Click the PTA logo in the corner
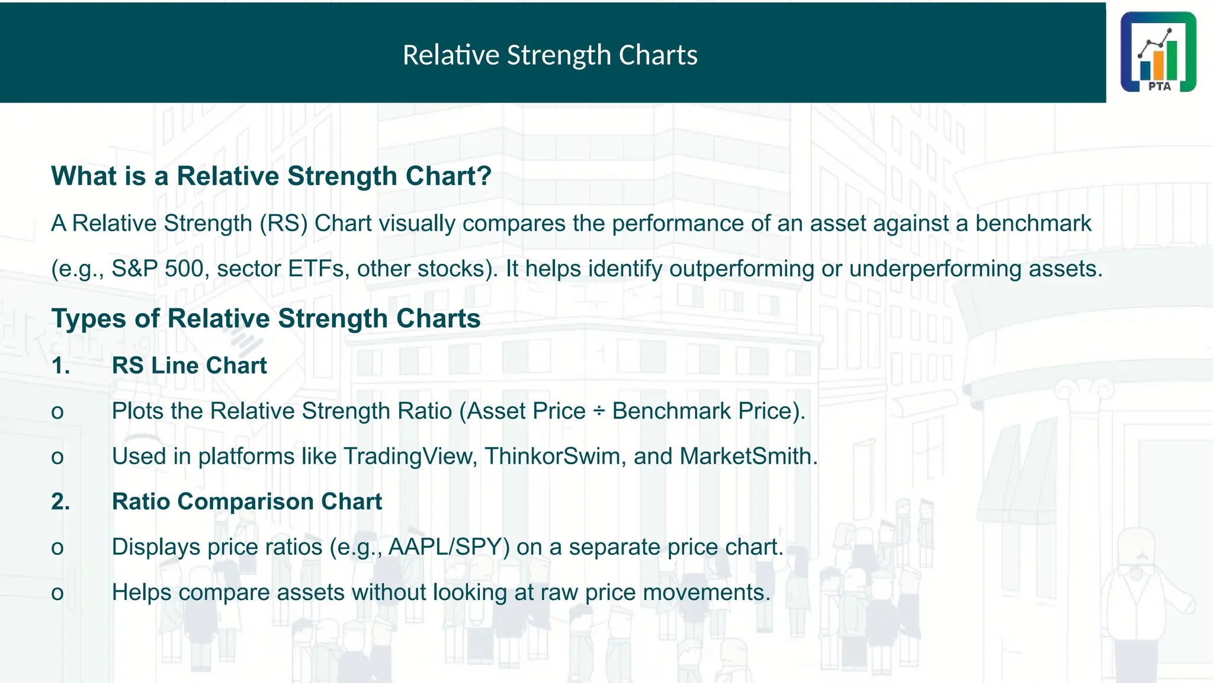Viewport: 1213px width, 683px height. tap(1158, 52)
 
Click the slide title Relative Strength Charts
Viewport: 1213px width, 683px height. tap(550, 55)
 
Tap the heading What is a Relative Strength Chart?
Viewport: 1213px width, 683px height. tap(271, 176)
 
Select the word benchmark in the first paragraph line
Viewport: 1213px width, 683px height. tap(1033, 224)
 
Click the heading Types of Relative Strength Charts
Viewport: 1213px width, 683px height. tap(266, 318)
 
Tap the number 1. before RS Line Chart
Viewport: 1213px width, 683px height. tap(60, 366)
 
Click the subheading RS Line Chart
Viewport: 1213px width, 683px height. tap(190, 366)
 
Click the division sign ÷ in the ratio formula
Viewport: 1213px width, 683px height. tap(599, 411)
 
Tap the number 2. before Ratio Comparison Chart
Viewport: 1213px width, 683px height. tap(60, 502)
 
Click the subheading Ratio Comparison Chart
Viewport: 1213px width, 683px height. tap(247, 502)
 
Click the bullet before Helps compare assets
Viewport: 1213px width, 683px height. tap(57, 593)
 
